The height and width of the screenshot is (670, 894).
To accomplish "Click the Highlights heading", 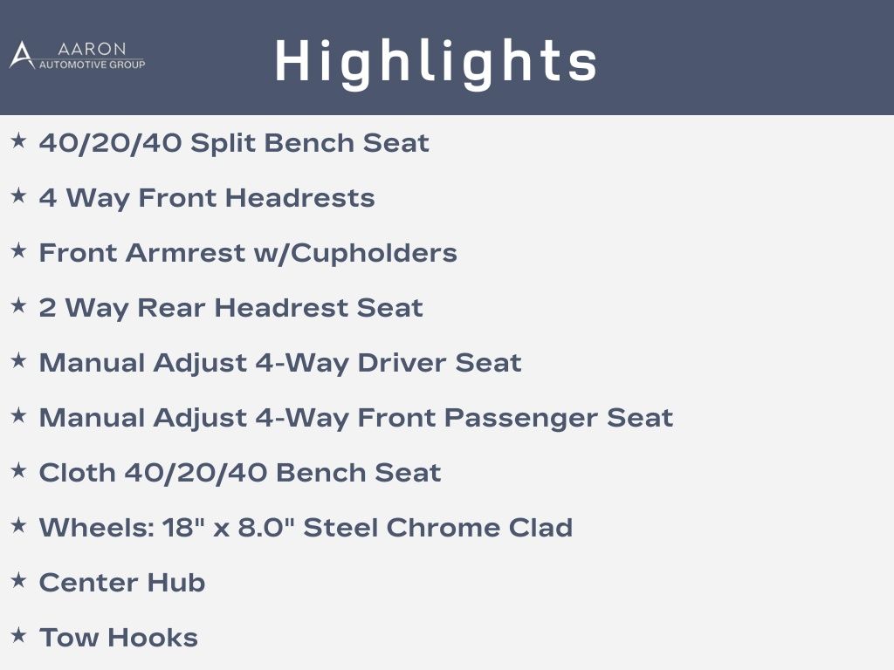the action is click(x=437, y=63).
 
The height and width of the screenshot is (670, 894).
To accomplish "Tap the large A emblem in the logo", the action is click(x=22, y=55).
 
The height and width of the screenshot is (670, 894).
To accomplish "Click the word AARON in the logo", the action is click(x=92, y=49).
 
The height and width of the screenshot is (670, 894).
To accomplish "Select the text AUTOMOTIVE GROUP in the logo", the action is click(x=92, y=65).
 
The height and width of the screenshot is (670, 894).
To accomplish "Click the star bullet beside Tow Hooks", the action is click(x=19, y=635).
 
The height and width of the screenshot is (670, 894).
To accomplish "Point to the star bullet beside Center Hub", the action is click(x=19, y=580).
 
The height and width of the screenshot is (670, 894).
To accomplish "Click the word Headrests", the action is click(x=300, y=198).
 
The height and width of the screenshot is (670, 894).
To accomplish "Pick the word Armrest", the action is click(x=185, y=253).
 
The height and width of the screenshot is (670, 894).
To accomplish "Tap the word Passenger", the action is click(x=520, y=418).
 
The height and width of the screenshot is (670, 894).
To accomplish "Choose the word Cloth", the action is click(x=77, y=473).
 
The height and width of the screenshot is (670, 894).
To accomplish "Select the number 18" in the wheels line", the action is click(x=183, y=528).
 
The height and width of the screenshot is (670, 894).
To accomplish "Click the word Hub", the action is click(x=176, y=583).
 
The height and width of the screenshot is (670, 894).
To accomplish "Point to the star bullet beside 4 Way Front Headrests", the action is click(x=19, y=195).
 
